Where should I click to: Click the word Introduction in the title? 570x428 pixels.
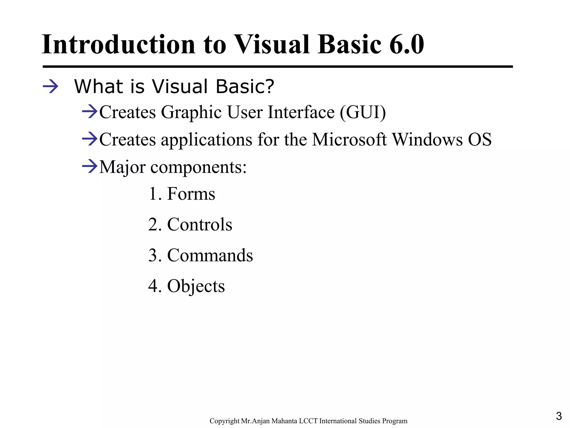click(118, 45)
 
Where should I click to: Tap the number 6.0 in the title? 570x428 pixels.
click(406, 45)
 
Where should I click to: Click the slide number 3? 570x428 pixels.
click(559, 416)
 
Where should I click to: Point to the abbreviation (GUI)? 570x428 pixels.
click(363, 112)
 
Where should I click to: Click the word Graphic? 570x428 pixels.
click(191, 113)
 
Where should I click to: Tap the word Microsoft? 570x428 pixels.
click(349, 139)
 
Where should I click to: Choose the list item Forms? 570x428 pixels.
click(191, 194)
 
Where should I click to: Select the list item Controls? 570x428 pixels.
click(199, 224)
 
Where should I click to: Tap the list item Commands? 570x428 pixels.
click(210, 255)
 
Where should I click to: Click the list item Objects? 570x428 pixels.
click(196, 286)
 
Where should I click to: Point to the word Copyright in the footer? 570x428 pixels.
click(224, 421)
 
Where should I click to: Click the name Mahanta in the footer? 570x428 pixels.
click(284, 421)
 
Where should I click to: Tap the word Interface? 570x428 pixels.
click(301, 112)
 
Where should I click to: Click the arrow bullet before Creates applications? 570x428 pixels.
click(90, 139)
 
